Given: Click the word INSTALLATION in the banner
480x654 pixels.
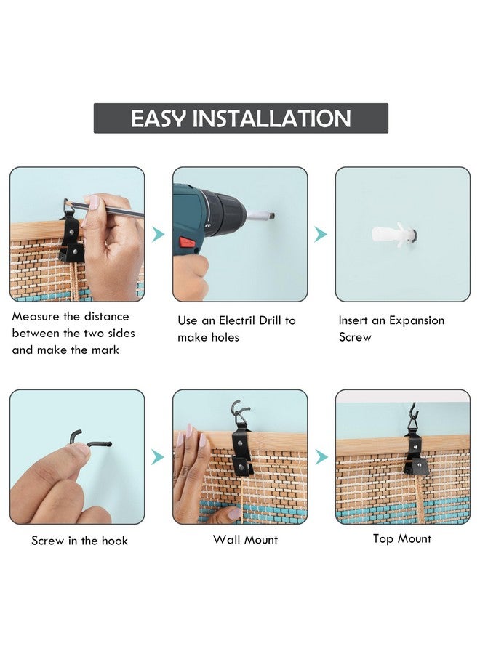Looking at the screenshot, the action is [271, 118].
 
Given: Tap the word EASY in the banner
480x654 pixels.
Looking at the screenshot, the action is [159, 118].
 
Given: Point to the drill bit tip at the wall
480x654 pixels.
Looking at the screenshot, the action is [272, 216].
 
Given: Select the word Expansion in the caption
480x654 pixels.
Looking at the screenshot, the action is [417, 320].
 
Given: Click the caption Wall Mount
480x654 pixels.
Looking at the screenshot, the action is [245, 540].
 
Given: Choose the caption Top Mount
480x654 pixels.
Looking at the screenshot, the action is [402, 539].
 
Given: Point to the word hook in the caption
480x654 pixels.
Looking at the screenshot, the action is [114, 541].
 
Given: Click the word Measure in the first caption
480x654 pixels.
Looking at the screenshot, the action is [36, 317].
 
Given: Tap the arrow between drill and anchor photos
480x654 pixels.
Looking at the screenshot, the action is [321, 235].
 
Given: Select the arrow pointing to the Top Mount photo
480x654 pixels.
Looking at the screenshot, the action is [321, 457].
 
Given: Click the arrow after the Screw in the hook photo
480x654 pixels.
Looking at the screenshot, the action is [158, 457].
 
